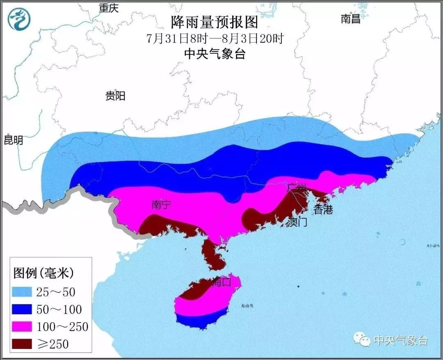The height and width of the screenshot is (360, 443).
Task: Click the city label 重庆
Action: click(x=109, y=8)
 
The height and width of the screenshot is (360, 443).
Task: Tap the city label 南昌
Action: click(x=351, y=18)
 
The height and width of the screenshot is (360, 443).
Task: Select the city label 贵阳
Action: click(x=115, y=96)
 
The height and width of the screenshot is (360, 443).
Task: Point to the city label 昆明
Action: click(x=14, y=140)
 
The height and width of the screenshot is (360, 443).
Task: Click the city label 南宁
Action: click(x=161, y=204)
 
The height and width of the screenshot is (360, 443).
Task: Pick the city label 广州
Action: click(x=296, y=188)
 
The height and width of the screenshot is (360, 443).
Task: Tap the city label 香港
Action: click(x=323, y=210)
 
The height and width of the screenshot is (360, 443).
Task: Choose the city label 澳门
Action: click(x=297, y=222)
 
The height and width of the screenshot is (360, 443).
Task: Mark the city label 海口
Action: click(x=222, y=282)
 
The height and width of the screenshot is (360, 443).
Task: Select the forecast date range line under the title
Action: click(x=215, y=39)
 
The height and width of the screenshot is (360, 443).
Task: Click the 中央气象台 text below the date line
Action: click(x=215, y=53)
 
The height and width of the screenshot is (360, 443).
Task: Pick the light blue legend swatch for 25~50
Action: click(x=22, y=292)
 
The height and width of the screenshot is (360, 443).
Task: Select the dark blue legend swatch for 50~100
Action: click(x=22, y=309)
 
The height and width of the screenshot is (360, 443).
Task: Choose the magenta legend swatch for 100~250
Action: click(x=22, y=326)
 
